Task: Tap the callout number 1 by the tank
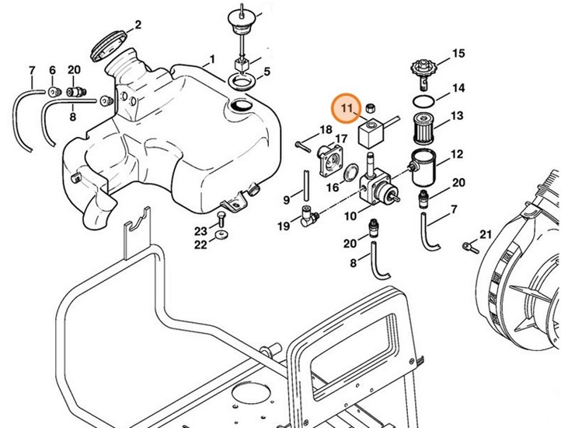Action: point(211,59)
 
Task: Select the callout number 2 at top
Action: point(138,24)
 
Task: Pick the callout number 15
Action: point(458,54)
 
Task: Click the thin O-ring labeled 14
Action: point(423,101)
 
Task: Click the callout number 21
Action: point(486,234)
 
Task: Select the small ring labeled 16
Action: point(351,172)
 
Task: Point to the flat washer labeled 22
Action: point(222,235)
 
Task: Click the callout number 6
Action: point(52,69)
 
